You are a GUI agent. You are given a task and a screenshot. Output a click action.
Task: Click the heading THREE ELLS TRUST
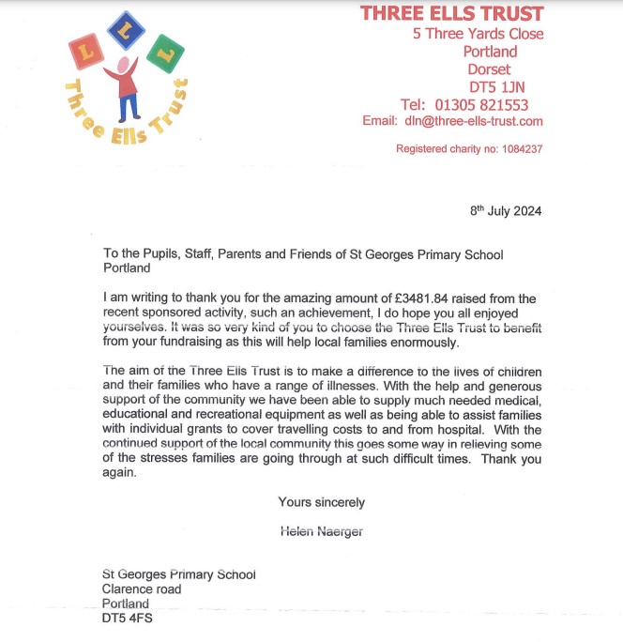tap(452, 13)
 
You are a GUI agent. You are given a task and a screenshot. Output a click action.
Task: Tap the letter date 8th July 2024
tap(506, 210)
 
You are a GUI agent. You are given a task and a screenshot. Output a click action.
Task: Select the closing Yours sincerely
tap(322, 502)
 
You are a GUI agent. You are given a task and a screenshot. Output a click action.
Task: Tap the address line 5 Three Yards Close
tap(479, 34)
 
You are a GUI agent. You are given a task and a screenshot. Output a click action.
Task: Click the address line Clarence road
tap(142, 590)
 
